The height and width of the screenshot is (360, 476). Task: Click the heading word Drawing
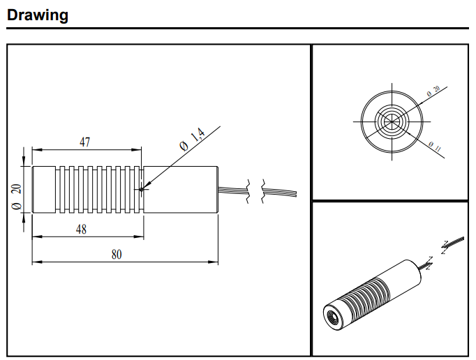click(38, 15)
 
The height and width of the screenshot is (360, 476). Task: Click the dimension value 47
click(84, 142)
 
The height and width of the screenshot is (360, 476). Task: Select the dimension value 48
click(81, 230)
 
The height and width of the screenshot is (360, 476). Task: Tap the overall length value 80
click(117, 255)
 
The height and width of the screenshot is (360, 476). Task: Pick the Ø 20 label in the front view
click(433, 92)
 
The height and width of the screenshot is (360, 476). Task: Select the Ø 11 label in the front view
click(433, 147)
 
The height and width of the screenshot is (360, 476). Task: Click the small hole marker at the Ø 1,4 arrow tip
click(141, 188)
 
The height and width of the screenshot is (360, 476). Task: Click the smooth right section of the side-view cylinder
click(181, 188)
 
